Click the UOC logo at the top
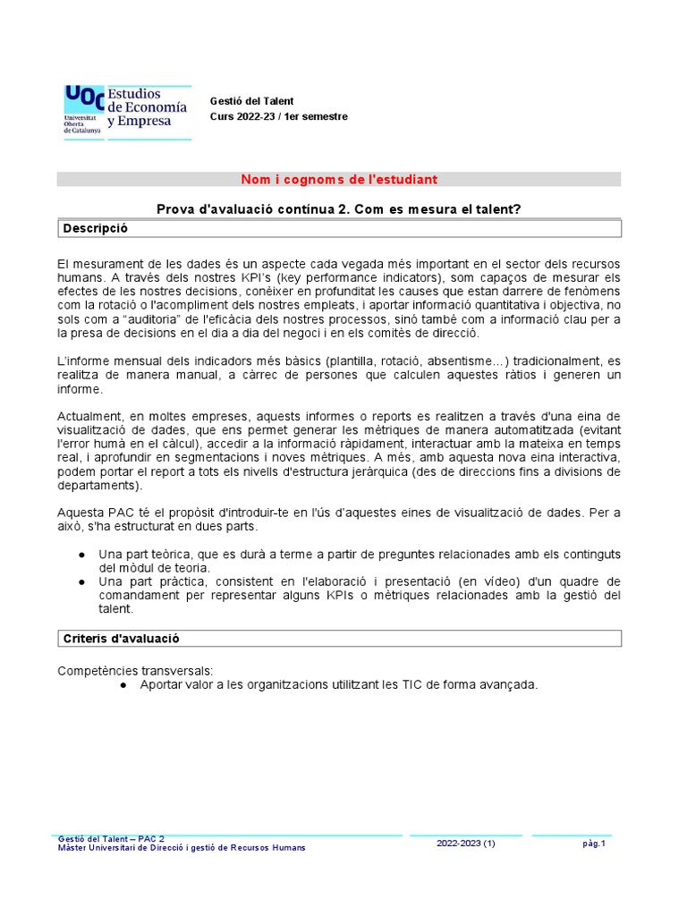pos(126,111)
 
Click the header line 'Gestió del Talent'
pos(251,101)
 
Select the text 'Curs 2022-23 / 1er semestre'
pos(278,116)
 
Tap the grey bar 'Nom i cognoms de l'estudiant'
pos(339,180)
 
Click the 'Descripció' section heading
pos(96,229)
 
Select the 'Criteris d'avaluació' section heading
pos(122,639)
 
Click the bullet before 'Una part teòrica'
pos(82,555)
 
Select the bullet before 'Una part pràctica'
pos(82,582)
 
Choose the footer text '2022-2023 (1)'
pos(466,844)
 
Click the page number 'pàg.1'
pos(594,844)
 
